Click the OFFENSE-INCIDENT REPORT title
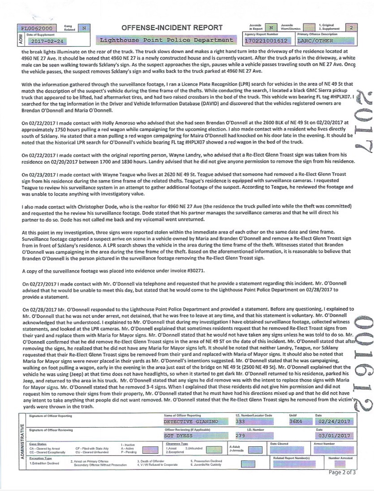[x=172, y=28]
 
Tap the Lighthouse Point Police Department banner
[x=166, y=40]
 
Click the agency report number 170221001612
[x=266, y=41]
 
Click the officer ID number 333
[x=240, y=422]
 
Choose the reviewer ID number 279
[x=240, y=436]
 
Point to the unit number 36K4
[x=295, y=422]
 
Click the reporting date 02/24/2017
[x=334, y=422]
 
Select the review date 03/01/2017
[x=334, y=436]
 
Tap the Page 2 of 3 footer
[x=342, y=472]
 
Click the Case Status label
[x=38, y=444]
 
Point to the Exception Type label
[x=41, y=458]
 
